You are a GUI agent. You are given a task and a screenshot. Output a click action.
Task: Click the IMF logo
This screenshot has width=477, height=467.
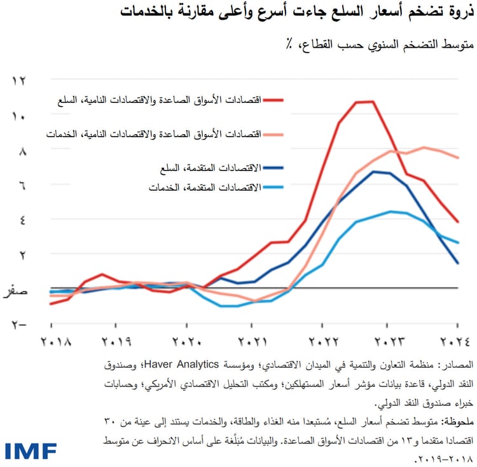(x=31, y=450)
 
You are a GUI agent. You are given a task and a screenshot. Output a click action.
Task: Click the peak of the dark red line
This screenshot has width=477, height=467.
(x=364, y=102)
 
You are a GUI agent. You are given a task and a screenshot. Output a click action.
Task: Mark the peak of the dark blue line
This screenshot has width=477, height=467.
(x=375, y=171)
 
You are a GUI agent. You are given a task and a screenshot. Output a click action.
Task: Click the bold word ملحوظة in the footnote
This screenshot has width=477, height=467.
(x=455, y=422)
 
